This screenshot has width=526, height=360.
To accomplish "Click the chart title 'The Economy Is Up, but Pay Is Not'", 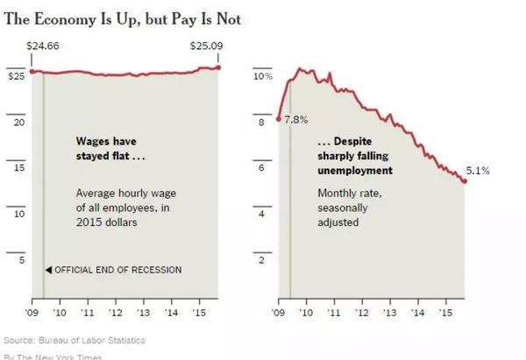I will (x=123, y=18).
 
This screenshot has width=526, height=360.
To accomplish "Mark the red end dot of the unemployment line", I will (x=465, y=180).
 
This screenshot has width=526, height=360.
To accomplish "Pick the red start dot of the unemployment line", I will (x=279, y=119).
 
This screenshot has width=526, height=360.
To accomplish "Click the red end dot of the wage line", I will (x=219, y=67).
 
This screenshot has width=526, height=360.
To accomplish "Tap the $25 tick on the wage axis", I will (x=15, y=77).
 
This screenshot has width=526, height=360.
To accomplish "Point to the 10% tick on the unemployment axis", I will (x=263, y=77).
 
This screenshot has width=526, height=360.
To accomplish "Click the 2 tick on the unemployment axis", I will (x=260, y=260).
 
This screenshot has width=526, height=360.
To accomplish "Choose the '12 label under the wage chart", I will (x=114, y=311).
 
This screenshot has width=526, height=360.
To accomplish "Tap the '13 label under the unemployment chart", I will (x=388, y=311).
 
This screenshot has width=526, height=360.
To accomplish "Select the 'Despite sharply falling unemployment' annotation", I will (x=354, y=155).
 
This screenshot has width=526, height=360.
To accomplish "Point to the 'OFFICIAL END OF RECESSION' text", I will (x=118, y=270).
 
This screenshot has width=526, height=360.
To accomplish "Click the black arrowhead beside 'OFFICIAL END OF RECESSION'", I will (x=49, y=270).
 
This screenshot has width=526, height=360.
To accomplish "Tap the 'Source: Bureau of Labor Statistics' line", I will (x=75, y=339).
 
